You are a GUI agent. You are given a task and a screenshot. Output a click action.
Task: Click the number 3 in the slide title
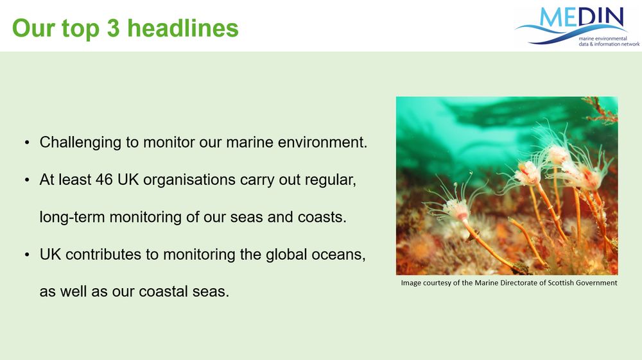pyautogui.click(x=113, y=28)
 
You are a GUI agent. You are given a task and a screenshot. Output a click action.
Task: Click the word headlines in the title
pyautogui.click(x=183, y=28)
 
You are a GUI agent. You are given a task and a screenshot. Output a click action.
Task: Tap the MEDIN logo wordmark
pyautogui.click(x=582, y=17)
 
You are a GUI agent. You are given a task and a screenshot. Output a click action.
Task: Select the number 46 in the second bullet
pyautogui.click(x=104, y=180)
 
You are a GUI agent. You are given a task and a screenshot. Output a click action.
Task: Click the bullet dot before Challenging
pyautogui.click(x=27, y=142)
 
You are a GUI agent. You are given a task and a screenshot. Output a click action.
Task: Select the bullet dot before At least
pyautogui.click(x=27, y=180)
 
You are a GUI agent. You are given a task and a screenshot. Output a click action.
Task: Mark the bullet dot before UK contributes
pyautogui.click(x=27, y=255)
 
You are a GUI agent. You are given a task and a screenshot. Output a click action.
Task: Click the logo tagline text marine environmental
pyautogui.click(x=603, y=39)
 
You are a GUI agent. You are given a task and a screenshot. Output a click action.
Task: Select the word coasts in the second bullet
pyautogui.click(x=322, y=218)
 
